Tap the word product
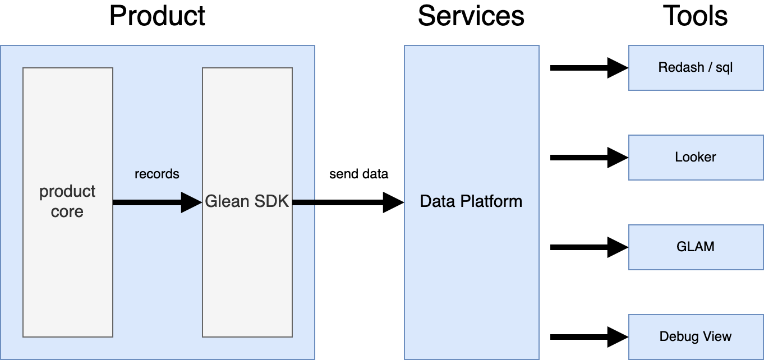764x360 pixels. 67,192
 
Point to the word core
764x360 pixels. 67,212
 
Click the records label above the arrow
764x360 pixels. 157,174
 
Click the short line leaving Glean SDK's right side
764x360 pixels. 303,202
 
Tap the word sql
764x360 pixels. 724,68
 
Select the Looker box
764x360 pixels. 696,158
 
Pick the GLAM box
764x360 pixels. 696,247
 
